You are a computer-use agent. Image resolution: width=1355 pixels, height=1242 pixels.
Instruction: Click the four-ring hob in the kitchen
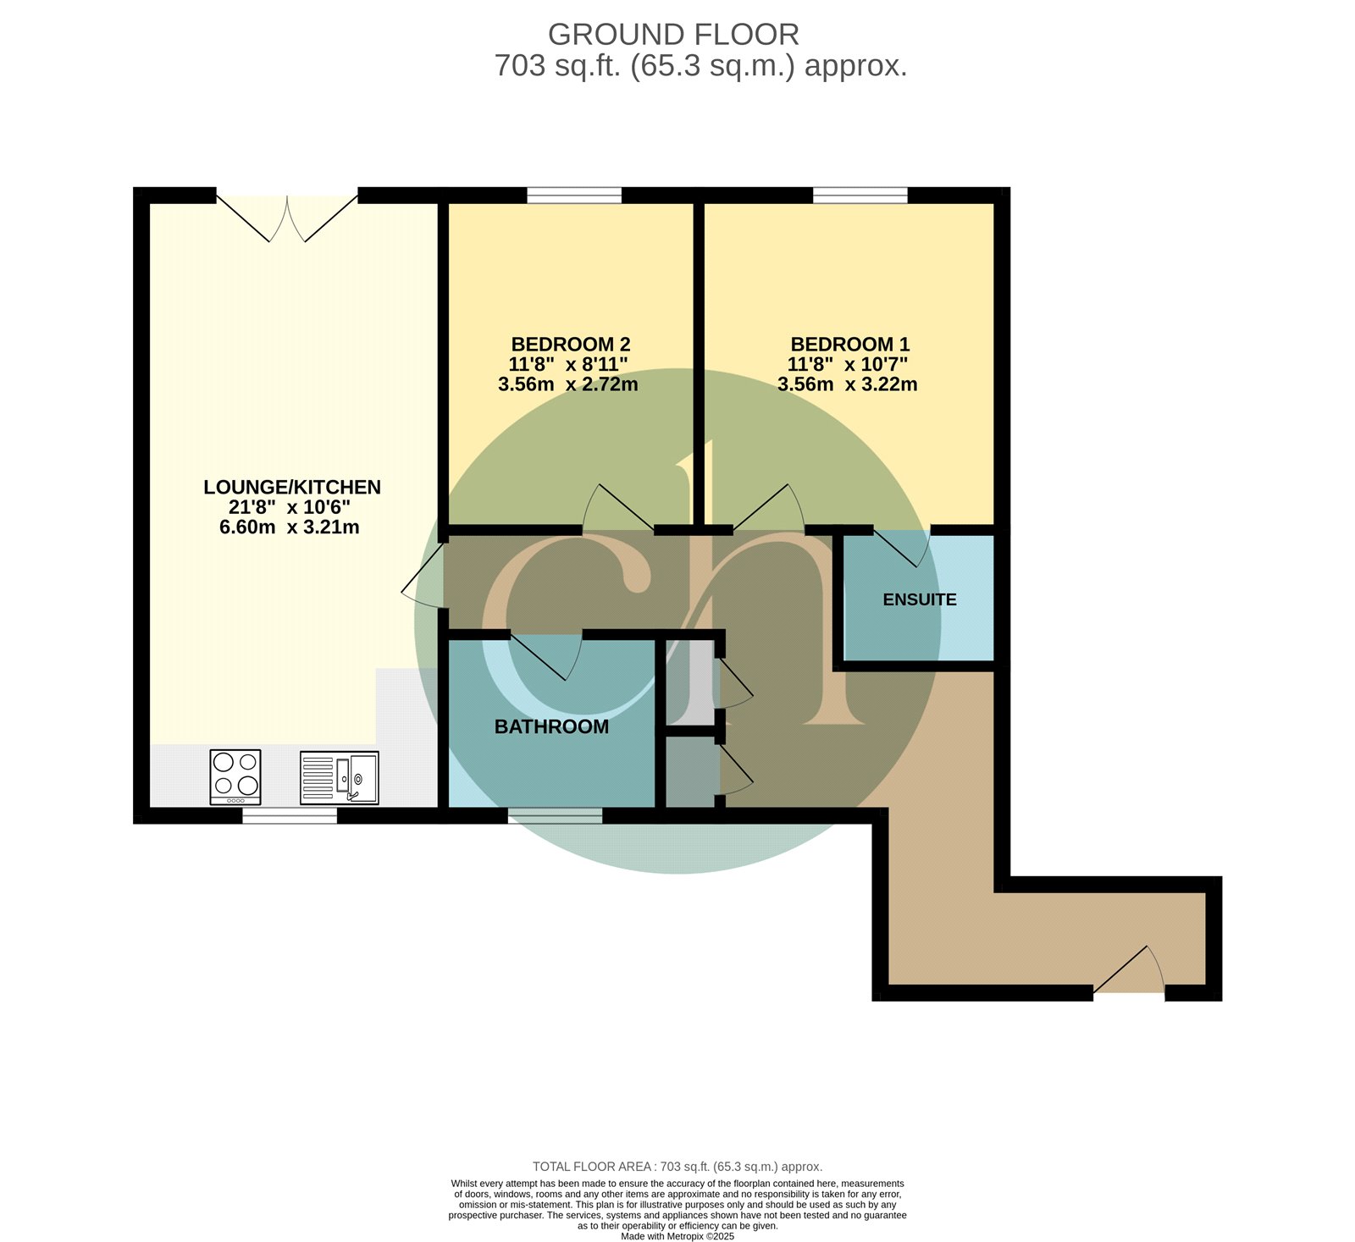coord(235,777)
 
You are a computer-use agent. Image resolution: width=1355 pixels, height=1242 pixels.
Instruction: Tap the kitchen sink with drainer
coord(340,777)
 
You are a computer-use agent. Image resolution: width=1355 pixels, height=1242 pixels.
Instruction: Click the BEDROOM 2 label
coord(571,345)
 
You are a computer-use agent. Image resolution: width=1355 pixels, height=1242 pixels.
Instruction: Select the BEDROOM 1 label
coord(850,345)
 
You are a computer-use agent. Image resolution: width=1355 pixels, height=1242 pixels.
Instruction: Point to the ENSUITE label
coord(920,599)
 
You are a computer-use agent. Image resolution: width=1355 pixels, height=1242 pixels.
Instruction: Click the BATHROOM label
coord(551,726)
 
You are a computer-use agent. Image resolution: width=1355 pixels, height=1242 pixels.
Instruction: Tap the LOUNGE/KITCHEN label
coord(292,487)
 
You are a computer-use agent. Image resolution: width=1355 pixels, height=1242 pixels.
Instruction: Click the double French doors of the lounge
coord(287,218)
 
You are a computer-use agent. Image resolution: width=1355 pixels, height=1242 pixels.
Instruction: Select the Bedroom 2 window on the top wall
coord(573,196)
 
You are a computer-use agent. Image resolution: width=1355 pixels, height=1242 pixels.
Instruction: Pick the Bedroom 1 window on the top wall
coord(860,196)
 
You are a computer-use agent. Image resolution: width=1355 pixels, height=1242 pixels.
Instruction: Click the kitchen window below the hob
coord(290,815)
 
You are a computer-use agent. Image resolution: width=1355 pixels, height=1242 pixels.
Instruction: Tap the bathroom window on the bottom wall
coord(555,815)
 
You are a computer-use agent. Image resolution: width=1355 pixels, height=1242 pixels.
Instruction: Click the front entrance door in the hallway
coord(1130,974)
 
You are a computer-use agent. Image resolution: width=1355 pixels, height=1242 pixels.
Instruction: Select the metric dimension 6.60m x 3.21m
coord(290,527)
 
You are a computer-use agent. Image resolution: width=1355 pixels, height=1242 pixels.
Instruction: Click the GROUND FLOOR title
coord(673,35)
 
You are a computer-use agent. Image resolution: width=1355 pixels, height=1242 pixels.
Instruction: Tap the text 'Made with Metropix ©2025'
coord(677,1236)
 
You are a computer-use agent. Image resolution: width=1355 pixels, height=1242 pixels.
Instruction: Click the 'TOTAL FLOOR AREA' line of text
coord(677,1167)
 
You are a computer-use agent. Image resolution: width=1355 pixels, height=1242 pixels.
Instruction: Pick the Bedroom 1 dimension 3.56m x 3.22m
coord(848,384)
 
